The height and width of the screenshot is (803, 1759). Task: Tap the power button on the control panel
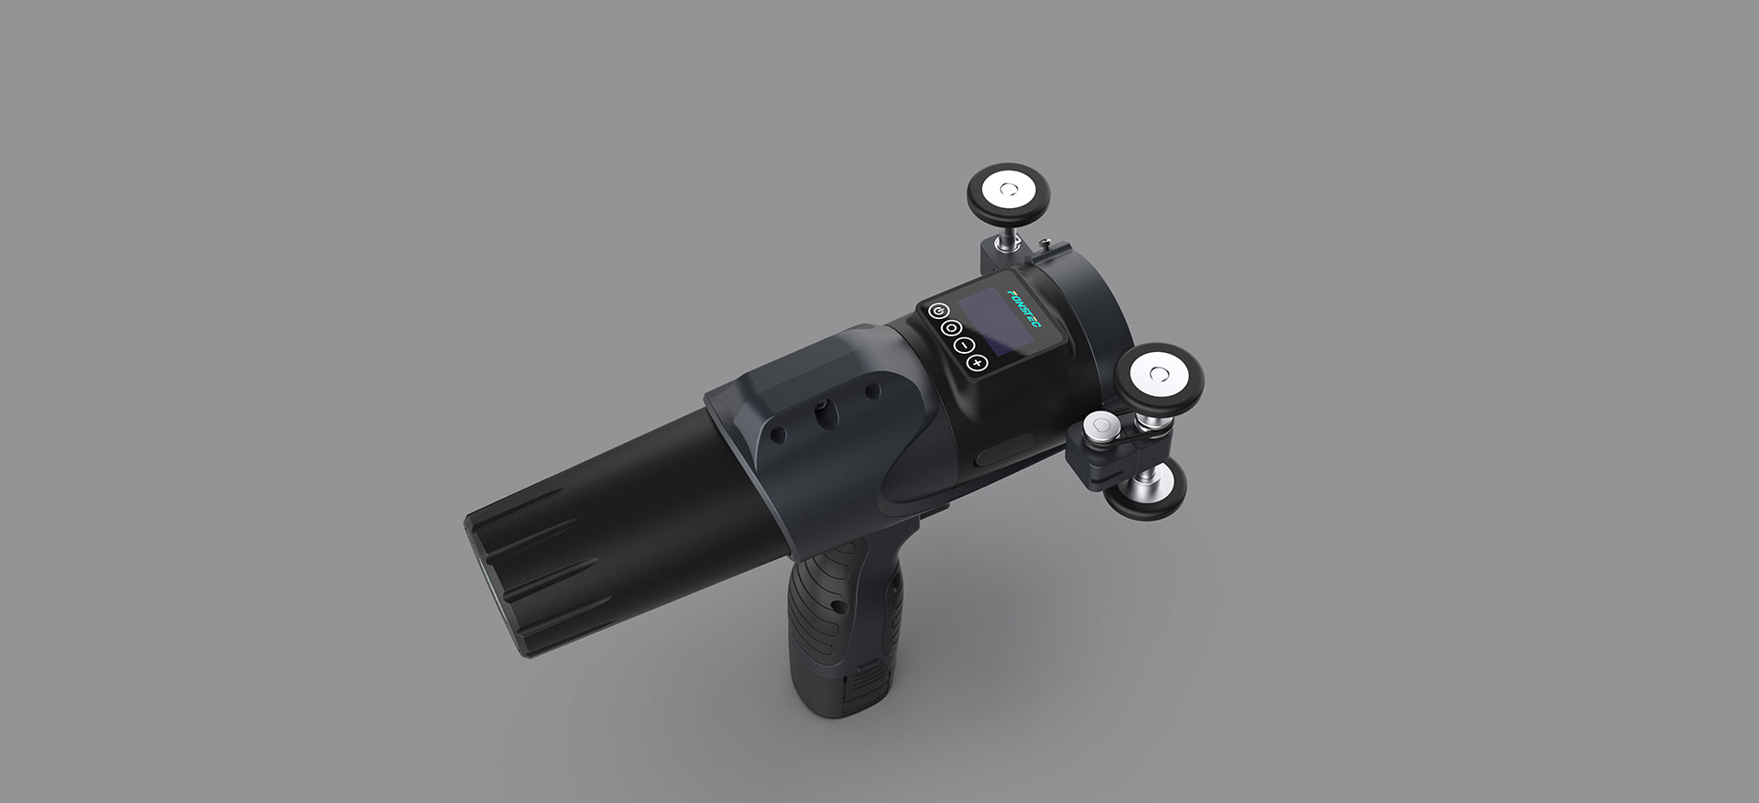tap(936, 311)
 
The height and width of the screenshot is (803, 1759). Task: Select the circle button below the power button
tap(951, 328)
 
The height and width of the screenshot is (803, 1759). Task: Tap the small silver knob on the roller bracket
tap(1099, 427)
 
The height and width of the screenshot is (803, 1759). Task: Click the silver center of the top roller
tap(1009, 191)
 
